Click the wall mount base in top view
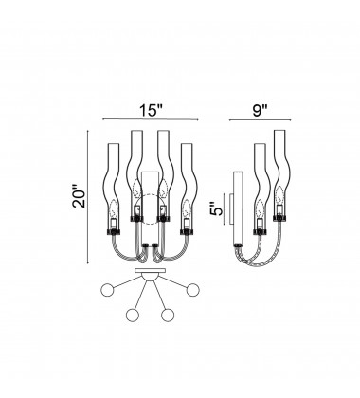click(149, 274)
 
